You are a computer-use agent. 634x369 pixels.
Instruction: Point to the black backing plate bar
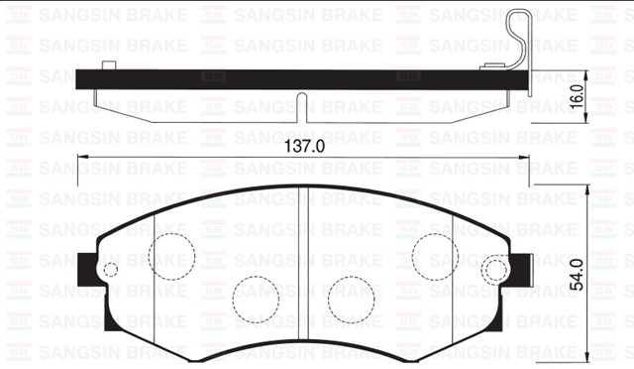[x=297, y=76]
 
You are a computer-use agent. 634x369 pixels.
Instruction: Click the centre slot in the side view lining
[x=302, y=107]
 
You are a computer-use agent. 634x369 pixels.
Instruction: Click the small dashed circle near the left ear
[x=111, y=270]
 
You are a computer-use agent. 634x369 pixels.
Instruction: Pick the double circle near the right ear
[x=493, y=269]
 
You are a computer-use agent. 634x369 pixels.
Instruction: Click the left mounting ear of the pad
[x=87, y=269]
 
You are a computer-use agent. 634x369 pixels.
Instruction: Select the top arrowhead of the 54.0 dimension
[x=589, y=189]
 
